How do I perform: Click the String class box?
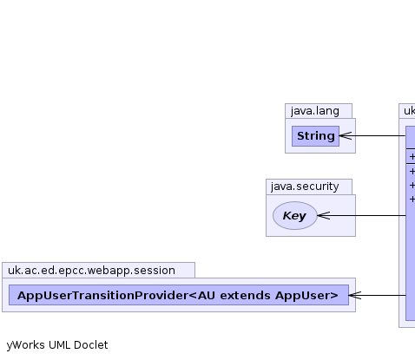pyautogui.click(x=315, y=136)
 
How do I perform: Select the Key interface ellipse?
pyautogui.click(x=295, y=215)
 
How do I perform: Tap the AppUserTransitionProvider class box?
pyautogui.click(x=179, y=295)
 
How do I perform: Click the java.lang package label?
pyautogui.click(x=315, y=111)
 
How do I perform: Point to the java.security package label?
pyautogui.click(x=305, y=187)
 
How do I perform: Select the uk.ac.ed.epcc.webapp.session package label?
pyautogui.click(x=91, y=271)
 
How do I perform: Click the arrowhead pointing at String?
pyautogui.click(x=346, y=135)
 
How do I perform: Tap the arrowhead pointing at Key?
pyautogui.click(x=324, y=215)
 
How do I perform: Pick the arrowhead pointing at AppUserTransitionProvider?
pyautogui.click(x=355, y=295)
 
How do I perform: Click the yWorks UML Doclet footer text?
pyautogui.click(x=57, y=345)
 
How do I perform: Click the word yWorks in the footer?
pyautogui.click(x=26, y=345)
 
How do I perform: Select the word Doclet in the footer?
pyautogui.click(x=90, y=345)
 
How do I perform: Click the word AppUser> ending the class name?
pyautogui.click(x=306, y=296)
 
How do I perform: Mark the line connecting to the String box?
pyautogui.click(x=372, y=135)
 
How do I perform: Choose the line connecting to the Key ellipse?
pyautogui.click(x=362, y=215)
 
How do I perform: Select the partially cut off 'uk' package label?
pyautogui.click(x=409, y=111)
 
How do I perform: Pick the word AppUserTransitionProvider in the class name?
pyautogui.click(x=102, y=296)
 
